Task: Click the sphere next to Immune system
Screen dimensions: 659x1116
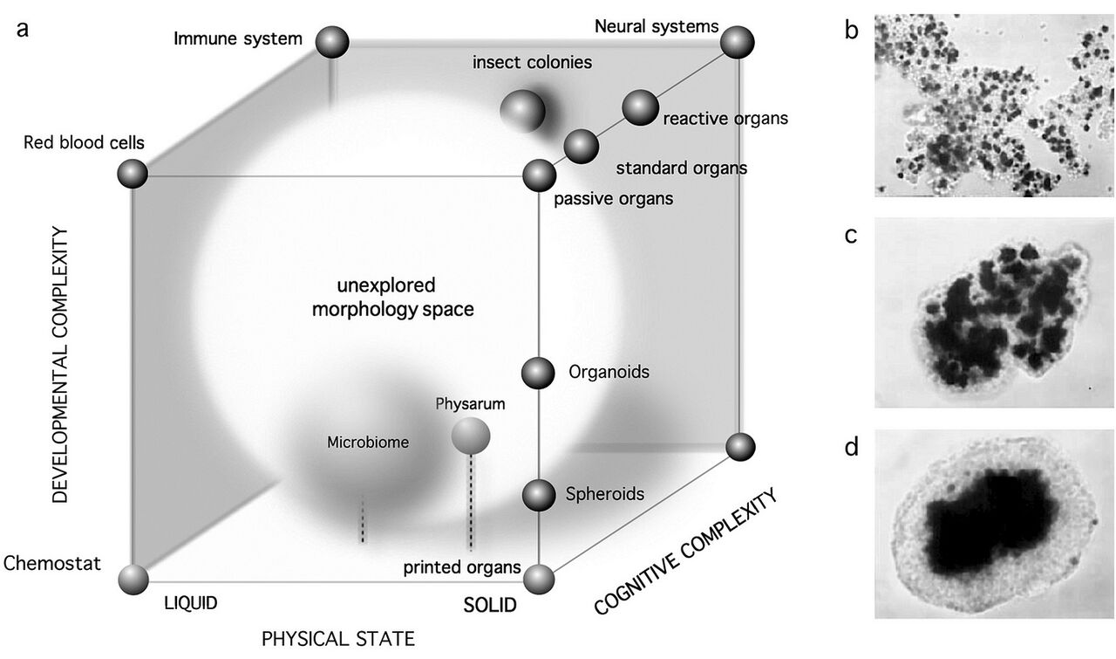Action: click(332, 42)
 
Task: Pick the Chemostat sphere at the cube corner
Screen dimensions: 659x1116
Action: click(133, 579)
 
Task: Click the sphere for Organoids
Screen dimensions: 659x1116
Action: click(539, 374)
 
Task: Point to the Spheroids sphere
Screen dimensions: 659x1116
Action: click(539, 495)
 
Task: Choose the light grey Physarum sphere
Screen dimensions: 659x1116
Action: click(471, 435)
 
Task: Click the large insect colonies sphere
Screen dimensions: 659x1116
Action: click(523, 111)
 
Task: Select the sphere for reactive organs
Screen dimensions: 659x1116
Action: click(640, 106)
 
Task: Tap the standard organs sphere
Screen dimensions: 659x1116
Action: click(582, 146)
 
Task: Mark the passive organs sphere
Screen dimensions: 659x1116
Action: click(540, 175)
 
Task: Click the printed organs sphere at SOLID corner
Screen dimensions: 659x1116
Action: click(540, 580)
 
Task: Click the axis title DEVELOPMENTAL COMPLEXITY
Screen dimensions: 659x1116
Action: click(60, 364)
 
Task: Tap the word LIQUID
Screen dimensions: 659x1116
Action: click(189, 603)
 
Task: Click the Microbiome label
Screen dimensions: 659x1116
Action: click(368, 442)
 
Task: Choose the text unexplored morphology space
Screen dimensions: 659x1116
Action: click(391, 298)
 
